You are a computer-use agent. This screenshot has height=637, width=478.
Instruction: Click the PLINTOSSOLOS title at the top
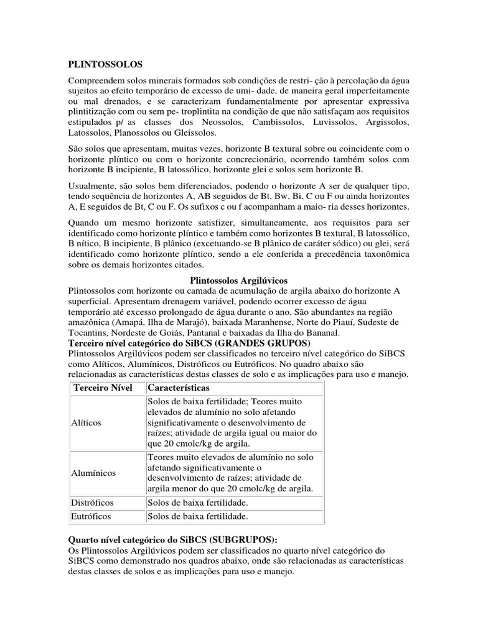[x=105, y=64]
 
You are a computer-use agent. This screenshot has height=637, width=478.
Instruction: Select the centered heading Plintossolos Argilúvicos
[x=238, y=281]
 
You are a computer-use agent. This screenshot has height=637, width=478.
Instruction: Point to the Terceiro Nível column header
[x=103, y=388]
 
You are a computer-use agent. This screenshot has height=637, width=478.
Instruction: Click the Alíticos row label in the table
[x=88, y=422]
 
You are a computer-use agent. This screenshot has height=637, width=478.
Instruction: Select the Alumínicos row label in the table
[x=94, y=473]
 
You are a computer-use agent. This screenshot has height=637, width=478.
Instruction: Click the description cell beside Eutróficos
[x=197, y=516]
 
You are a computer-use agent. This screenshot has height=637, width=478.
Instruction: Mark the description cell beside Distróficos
[x=197, y=502]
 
